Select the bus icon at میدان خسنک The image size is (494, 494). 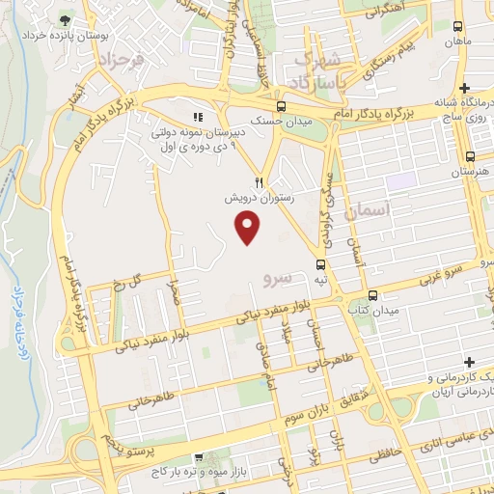281,106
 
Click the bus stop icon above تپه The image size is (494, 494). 320,264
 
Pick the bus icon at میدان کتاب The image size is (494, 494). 373,295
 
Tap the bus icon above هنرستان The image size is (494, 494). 470,156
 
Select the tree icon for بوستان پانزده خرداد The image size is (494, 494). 65,20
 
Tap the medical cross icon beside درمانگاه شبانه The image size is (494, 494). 465,88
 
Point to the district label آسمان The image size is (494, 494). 370,208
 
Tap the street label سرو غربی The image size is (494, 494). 447,271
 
